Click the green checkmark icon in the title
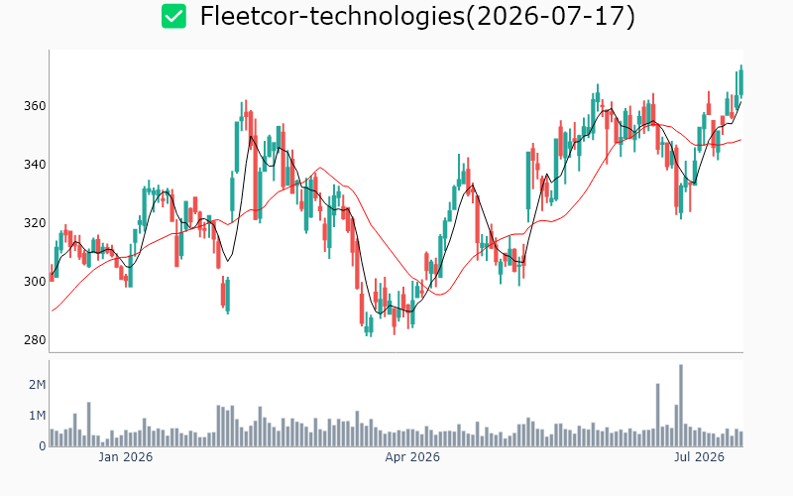(x=173, y=16)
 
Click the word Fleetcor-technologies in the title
(x=332, y=16)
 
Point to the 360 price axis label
(x=35, y=106)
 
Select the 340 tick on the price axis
(x=35, y=165)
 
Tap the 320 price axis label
(x=35, y=222)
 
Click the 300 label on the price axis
(x=35, y=282)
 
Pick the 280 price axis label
(x=35, y=339)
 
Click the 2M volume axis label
(x=38, y=385)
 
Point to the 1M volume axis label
(x=38, y=416)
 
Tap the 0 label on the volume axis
(x=43, y=446)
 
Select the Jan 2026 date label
(x=126, y=457)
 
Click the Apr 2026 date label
(x=412, y=457)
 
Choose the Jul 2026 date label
(x=699, y=457)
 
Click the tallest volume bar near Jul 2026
(x=681, y=406)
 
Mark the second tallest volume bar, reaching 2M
(x=658, y=415)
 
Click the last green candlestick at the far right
(x=740, y=82)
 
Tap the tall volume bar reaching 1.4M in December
(x=88, y=425)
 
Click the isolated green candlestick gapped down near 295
(x=228, y=296)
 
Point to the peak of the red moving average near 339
(x=320, y=168)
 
